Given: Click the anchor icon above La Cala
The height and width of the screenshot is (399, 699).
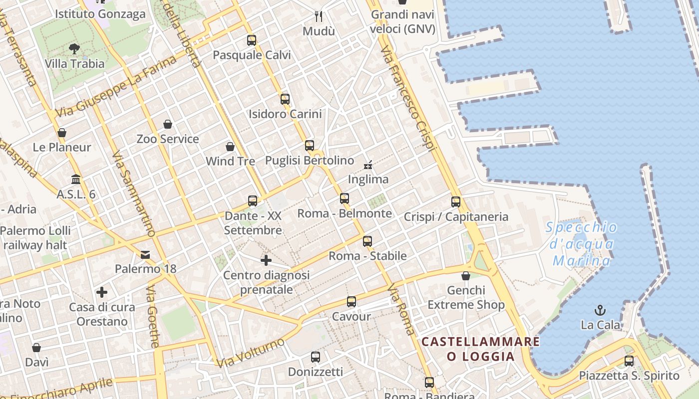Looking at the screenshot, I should click(600, 310).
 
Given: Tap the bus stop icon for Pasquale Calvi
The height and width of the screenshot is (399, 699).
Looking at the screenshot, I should click(252, 40).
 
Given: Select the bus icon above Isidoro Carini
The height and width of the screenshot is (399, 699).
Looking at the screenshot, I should click(285, 99).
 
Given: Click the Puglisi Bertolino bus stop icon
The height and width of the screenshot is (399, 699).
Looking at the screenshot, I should click(310, 146).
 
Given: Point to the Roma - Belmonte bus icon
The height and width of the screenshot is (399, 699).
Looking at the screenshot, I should click(345, 199).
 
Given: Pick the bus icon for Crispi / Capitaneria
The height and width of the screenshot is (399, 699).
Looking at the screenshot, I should click(456, 202).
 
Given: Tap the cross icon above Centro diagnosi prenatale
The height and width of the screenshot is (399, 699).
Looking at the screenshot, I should click(266, 260).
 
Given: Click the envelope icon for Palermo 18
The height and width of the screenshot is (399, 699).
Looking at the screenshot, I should click(145, 255).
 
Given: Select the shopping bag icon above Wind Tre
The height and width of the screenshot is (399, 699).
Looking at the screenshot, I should click(230, 147).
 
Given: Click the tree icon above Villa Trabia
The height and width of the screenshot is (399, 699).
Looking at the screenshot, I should click(74, 48).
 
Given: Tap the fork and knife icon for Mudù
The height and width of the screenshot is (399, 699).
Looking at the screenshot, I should click(319, 16).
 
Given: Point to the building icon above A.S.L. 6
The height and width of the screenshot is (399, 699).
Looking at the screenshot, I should click(76, 179).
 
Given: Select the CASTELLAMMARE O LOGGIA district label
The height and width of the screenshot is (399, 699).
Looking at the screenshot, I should click(480, 349).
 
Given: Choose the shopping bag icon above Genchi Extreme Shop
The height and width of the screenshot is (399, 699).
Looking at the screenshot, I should click(466, 276).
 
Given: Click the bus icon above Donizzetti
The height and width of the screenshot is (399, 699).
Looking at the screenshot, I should click(316, 357).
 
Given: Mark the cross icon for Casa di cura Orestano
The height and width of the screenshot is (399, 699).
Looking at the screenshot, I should click(102, 292).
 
